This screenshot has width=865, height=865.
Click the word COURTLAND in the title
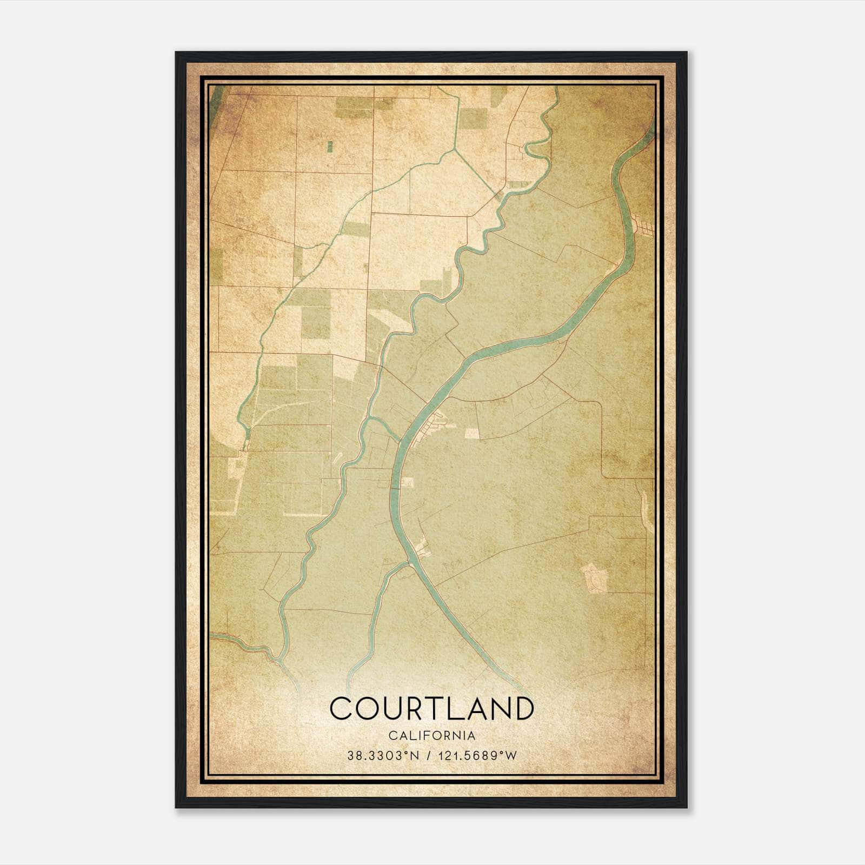point(431,709)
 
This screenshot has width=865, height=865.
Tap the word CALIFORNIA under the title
point(431,736)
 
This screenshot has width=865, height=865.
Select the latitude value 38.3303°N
point(384,755)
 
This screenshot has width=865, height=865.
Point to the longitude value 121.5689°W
point(477,755)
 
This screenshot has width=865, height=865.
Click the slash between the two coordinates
point(428,755)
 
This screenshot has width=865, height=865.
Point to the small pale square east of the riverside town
point(471,434)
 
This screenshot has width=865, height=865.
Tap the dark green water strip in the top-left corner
point(216,97)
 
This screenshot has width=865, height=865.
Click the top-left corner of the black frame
point(177,53)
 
